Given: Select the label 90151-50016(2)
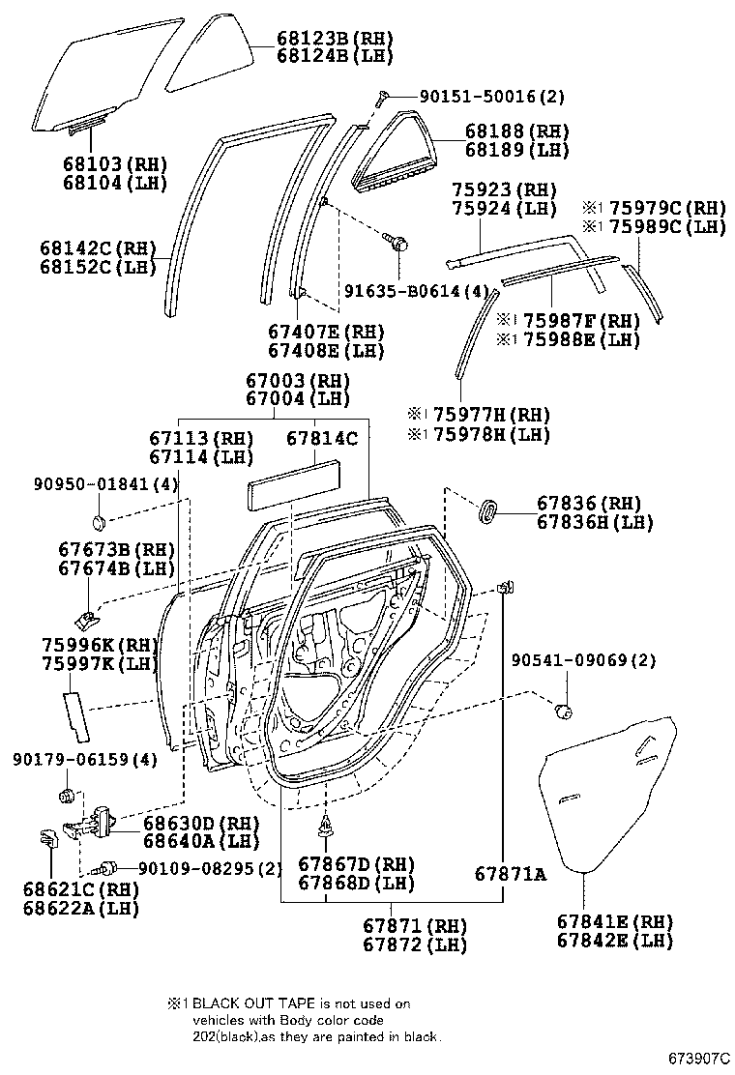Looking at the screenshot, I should (491, 97).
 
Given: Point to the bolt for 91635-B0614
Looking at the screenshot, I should (397, 240).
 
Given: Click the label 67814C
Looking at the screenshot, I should (321, 438).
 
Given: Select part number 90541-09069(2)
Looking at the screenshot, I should (583, 660).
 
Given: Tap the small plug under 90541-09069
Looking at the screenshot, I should (562, 713).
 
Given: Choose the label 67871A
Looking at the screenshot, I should (510, 874).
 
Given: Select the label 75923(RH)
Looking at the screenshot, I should (504, 189).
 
